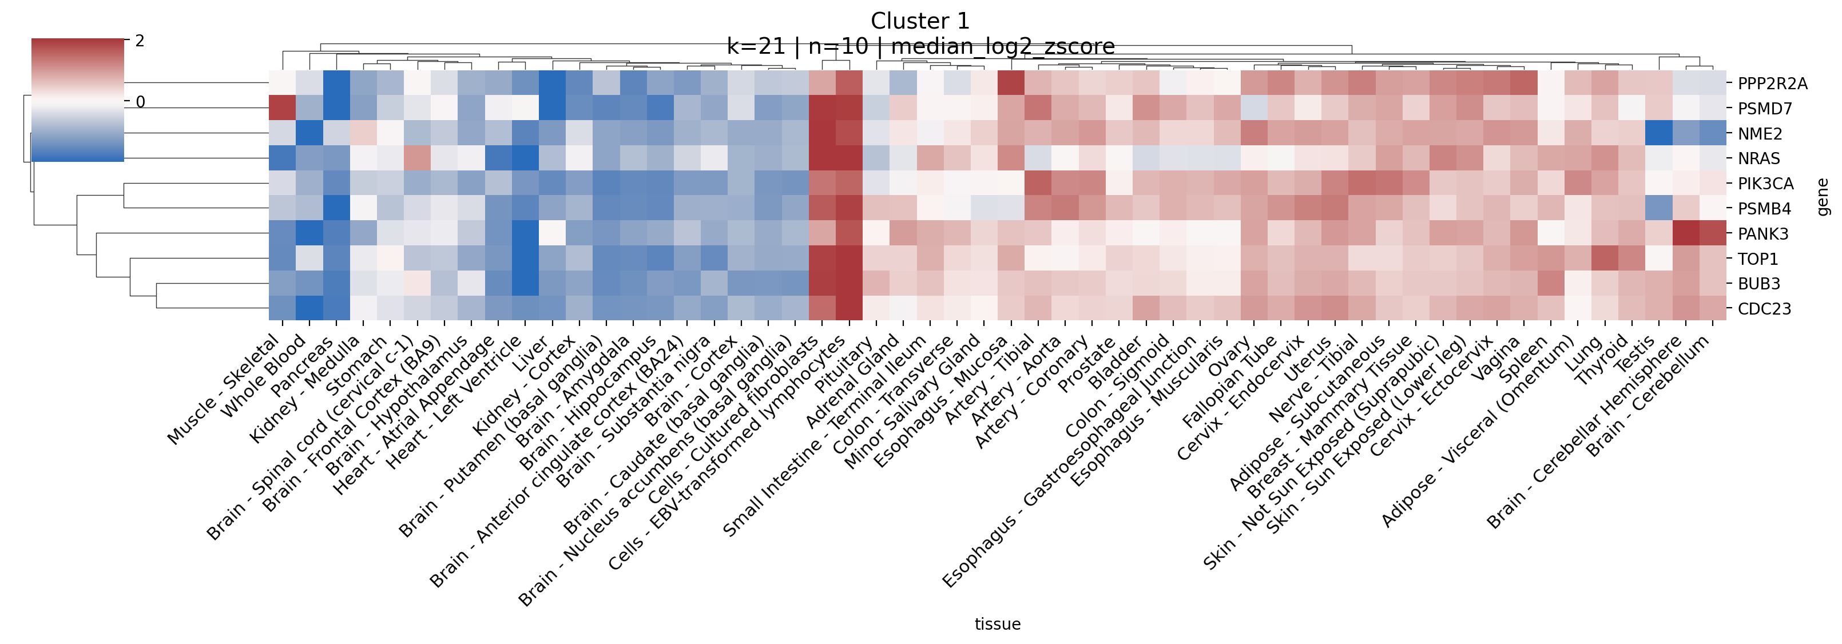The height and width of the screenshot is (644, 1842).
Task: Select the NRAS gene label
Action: (x=1758, y=158)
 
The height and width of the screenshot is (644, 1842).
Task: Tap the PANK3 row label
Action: (x=1762, y=234)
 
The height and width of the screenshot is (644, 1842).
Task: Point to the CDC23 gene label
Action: (x=1764, y=309)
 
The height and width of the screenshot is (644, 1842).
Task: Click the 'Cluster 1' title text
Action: (x=920, y=21)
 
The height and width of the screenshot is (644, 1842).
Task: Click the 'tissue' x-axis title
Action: (x=998, y=624)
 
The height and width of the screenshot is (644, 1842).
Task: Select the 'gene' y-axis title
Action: (x=1823, y=197)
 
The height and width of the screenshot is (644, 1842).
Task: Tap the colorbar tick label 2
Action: (x=140, y=41)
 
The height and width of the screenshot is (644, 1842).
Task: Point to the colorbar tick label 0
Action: (x=140, y=102)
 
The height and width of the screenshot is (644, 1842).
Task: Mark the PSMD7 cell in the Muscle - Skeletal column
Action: (x=283, y=109)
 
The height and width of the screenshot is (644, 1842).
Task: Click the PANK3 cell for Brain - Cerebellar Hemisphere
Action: (x=1686, y=234)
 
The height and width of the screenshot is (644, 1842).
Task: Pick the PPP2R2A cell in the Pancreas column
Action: (x=336, y=84)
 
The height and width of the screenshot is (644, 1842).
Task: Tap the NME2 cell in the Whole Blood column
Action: (x=309, y=134)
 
